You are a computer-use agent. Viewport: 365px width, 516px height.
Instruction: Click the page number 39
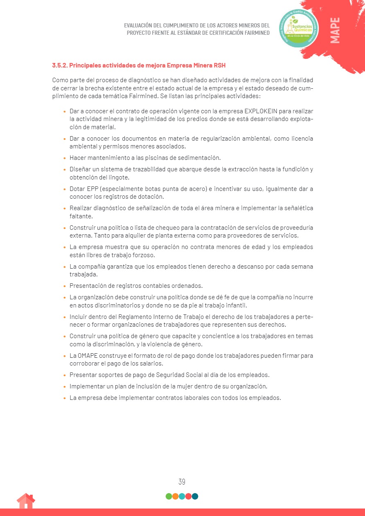tap(182, 482)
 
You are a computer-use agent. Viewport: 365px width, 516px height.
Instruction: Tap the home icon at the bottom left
tap(26, 501)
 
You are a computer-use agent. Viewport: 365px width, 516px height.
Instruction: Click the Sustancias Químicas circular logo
tap(298, 28)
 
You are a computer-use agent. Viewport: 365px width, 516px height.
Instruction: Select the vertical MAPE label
tap(335, 30)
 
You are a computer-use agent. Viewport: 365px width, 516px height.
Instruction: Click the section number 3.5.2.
tap(59, 65)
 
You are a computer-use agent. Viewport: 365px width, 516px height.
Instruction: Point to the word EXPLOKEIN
tap(261, 111)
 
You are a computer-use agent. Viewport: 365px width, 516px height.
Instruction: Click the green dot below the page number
tap(169, 496)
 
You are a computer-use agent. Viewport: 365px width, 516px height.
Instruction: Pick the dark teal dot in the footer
tap(195, 496)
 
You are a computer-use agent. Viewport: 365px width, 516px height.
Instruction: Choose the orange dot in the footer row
tap(175, 496)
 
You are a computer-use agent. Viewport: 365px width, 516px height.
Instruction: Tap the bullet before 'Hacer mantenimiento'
tap(65, 158)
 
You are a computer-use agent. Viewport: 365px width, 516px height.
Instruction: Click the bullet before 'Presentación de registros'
tap(65, 286)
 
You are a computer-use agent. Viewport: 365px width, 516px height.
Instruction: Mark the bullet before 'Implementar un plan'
tap(65, 387)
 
